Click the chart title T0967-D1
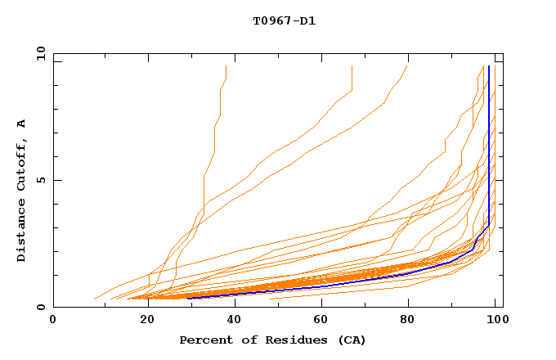284,20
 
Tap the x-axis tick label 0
53,320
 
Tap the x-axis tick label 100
495,320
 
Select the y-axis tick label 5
40,180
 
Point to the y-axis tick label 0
40,308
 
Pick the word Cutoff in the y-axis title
22,164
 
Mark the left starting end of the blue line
189,299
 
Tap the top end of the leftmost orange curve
226,66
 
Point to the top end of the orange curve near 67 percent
352,66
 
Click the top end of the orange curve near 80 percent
407,66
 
